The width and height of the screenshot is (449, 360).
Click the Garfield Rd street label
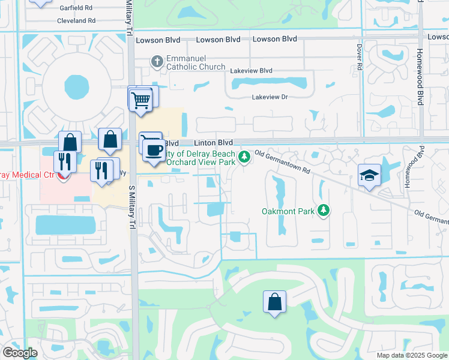(76, 8)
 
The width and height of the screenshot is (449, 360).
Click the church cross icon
(157, 61)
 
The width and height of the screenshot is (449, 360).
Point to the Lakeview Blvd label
(251, 71)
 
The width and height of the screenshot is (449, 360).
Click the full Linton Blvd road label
(212, 143)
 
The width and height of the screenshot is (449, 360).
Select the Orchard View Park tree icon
(244, 157)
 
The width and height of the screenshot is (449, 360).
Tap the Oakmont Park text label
(287, 211)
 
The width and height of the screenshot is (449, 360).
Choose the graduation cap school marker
(369, 176)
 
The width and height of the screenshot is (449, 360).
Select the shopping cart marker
(140, 100)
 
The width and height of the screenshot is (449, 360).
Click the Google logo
(20, 353)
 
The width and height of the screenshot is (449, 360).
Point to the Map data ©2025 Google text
(411, 355)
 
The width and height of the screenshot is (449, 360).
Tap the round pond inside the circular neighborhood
(75, 88)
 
